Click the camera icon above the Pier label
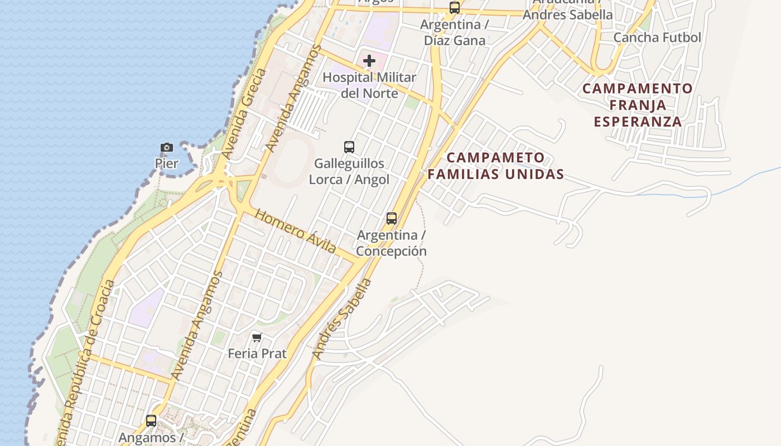[x=167, y=147]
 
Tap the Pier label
[x=167, y=163]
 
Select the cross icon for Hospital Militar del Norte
[x=369, y=61]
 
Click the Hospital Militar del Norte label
[x=369, y=85]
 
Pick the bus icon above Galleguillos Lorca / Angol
[x=349, y=147]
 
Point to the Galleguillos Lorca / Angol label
[x=349, y=171]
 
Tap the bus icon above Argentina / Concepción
[x=392, y=218]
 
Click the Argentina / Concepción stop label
[x=392, y=243]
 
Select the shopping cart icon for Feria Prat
[x=257, y=337]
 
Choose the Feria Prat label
[x=257, y=353]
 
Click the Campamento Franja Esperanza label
[x=638, y=105]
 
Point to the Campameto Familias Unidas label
[x=496, y=166]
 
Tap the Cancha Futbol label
[x=657, y=37]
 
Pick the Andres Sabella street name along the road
[x=342, y=318]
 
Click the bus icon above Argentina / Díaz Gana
[x=455, y=8]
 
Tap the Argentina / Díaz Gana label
[x=455, y=32]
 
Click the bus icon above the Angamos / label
[x=151, y=420]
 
